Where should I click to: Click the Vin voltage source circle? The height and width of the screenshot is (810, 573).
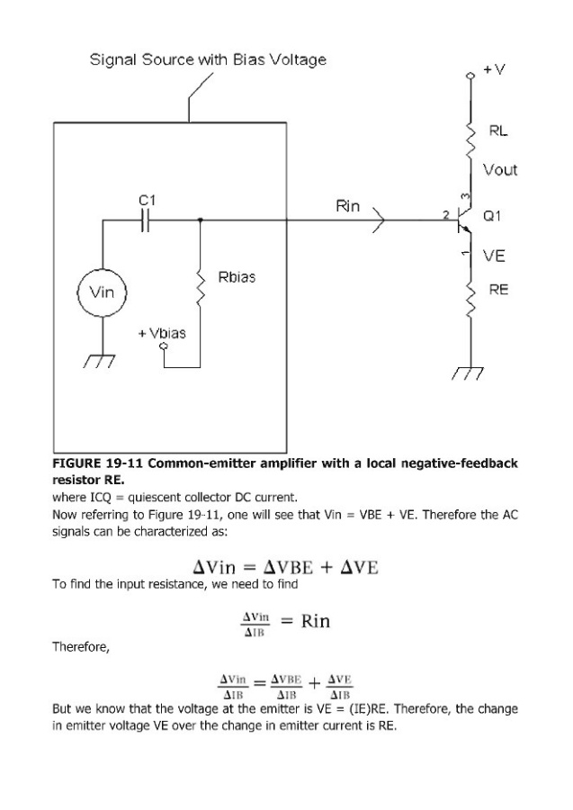pos(102,292)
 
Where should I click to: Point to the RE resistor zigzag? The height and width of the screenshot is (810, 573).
pos(470,299)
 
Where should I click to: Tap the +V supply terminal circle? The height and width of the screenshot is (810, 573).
pos(470,76)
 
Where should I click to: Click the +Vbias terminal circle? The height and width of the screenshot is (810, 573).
pos(164,346)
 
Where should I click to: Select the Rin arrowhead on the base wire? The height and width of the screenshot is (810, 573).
pos(379,220)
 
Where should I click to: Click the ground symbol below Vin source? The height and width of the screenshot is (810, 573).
pos(100,362)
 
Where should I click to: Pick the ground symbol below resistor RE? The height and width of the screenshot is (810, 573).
pos(468,373)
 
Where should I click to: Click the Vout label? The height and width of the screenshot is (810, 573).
pos(500,170)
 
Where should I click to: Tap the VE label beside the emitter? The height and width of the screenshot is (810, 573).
pos(494,256)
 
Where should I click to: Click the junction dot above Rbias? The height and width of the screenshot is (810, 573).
pos(201,220)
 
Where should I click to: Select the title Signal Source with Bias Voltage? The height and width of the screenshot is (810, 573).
pos(208,59)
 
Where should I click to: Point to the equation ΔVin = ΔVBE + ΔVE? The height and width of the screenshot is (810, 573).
pos(285,567)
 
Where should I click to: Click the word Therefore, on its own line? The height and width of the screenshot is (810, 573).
pos(81,647)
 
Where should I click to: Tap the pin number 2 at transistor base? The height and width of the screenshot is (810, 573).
pos(446,215)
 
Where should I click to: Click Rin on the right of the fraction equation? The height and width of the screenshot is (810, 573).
pos(316,620)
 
